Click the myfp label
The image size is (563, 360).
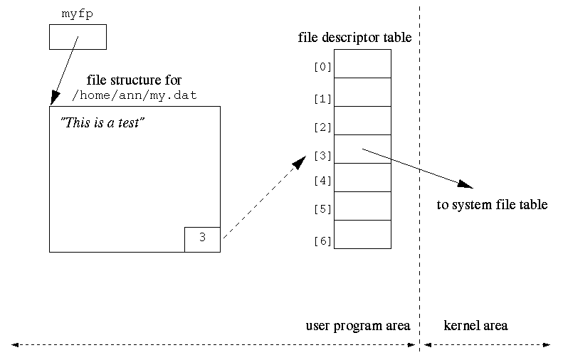77,13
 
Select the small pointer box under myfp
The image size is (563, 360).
78,37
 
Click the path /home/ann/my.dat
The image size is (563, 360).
135,95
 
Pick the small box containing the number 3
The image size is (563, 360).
202,238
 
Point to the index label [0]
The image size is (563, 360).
322,68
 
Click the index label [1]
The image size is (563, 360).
322,99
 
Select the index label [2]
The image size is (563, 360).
322,127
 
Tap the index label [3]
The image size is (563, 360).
322,155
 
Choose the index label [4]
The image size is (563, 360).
322,181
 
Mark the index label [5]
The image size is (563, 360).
322,209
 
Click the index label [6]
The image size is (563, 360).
322,241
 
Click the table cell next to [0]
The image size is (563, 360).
362,63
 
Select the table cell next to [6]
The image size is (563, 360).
362,234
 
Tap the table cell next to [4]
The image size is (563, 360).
362,177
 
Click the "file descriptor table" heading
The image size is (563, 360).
354,38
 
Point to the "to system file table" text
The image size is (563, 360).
492,205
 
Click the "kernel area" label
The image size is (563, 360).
475,326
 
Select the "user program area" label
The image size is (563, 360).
358,326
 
